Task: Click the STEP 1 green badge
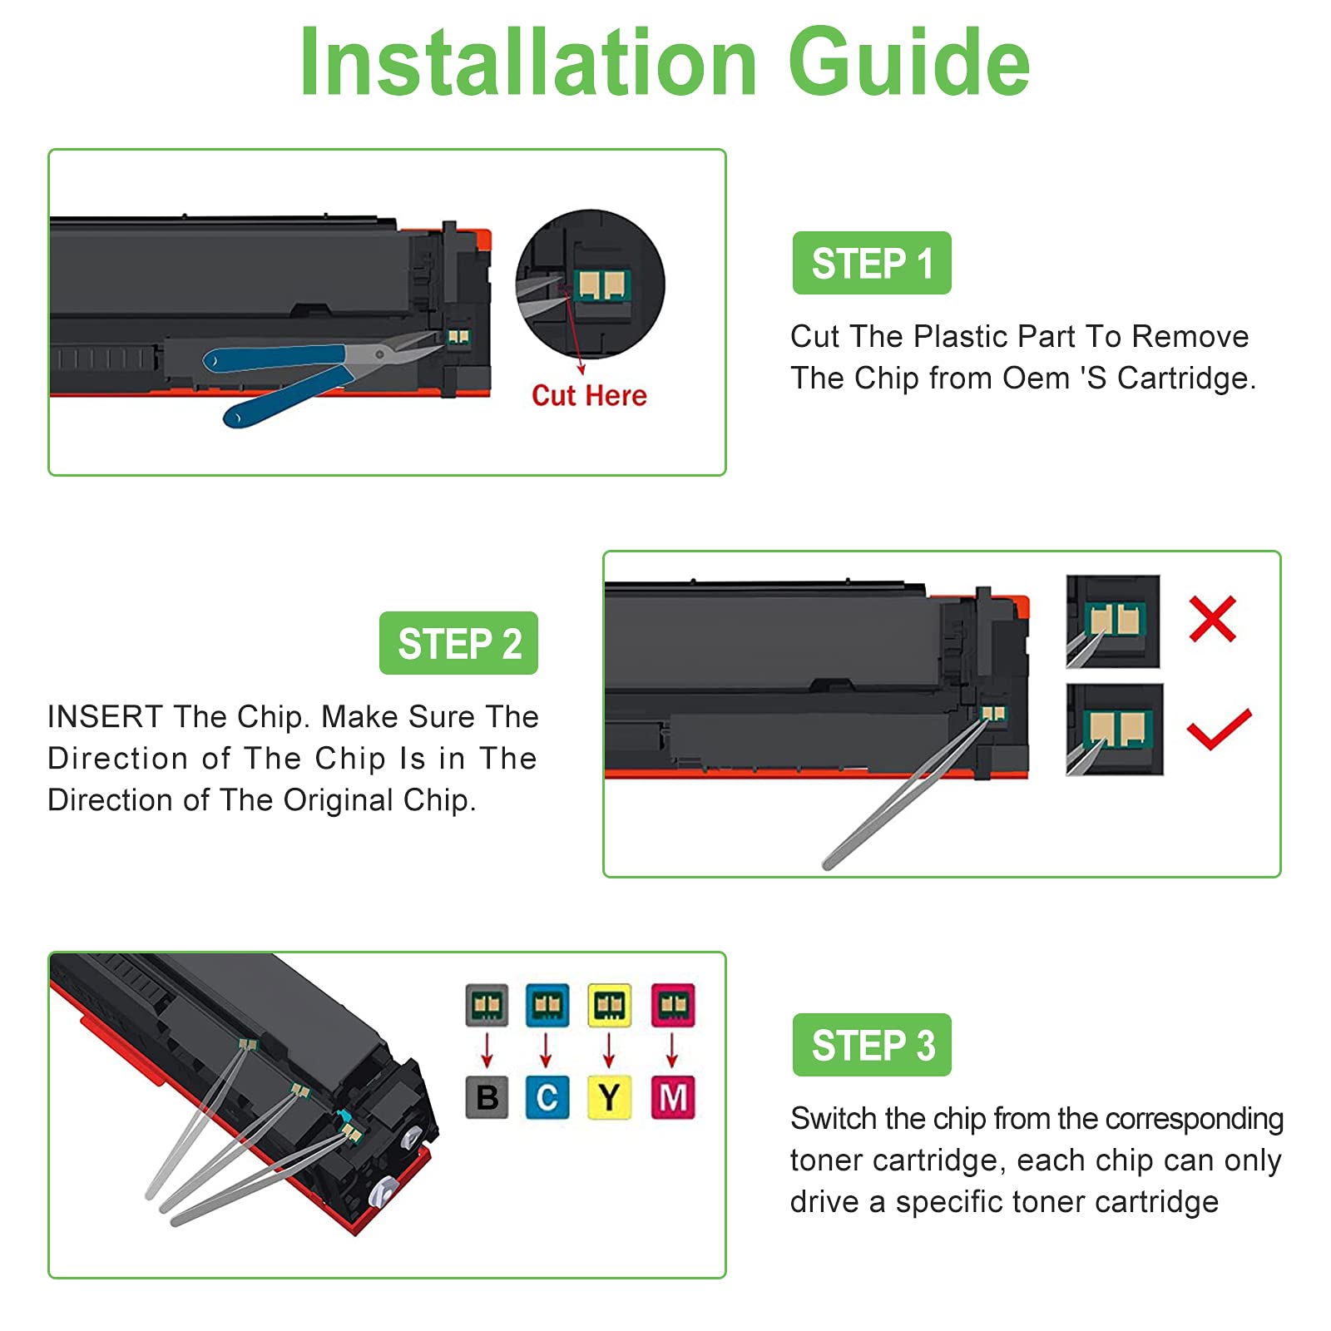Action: click(x=872, y=263)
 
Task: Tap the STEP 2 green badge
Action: click(x=458, y=643)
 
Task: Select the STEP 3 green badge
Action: click(x=872, y=1045)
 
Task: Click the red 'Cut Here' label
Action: click(x=589, y=395)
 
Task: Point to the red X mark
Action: click(x=1213, y=619)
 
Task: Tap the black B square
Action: click(x=487, y=1097)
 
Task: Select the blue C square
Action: click(x=547, y=1097)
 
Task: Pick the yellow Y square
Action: click(x=609, y=1097)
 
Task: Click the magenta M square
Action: click(x=673, y=1097)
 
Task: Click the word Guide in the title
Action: click(x=909, y=62)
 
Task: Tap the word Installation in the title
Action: click(x=528, y=62)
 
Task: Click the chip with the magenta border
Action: click(x=673, y=1006)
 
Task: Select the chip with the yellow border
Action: click(x=609, y=1006)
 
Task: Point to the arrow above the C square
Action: click(x=546, y=1050)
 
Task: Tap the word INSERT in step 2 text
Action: click(x=105, y=716)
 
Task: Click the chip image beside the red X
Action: click(x=1113, y=621)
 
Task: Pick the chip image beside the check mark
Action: click(x=1115, y=730)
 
